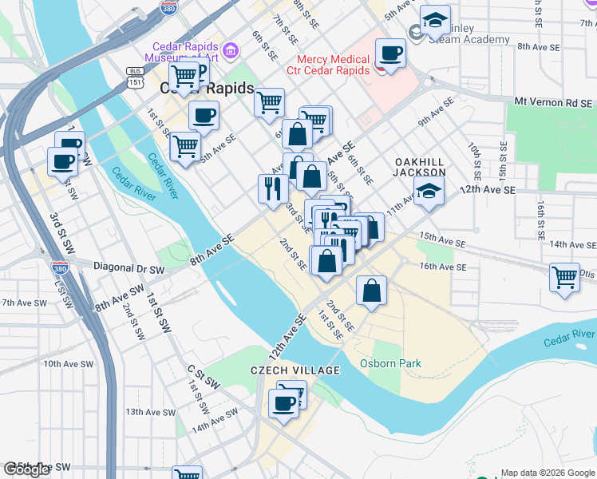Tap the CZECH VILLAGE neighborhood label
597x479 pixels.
pos(295,370)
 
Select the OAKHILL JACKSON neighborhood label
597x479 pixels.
pos(420,166)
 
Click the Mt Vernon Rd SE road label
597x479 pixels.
pos(554,102)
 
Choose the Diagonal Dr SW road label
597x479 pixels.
pos(128,267)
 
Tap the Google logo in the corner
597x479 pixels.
pos(26,469)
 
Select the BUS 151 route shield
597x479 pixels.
pos(135,76)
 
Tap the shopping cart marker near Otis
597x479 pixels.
pos(564,278)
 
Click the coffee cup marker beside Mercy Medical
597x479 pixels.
pos(390,53)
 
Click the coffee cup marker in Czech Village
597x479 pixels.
pos(283,402)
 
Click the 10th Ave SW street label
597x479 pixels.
pos(64,363)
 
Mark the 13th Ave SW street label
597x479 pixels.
pos(150,412)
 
